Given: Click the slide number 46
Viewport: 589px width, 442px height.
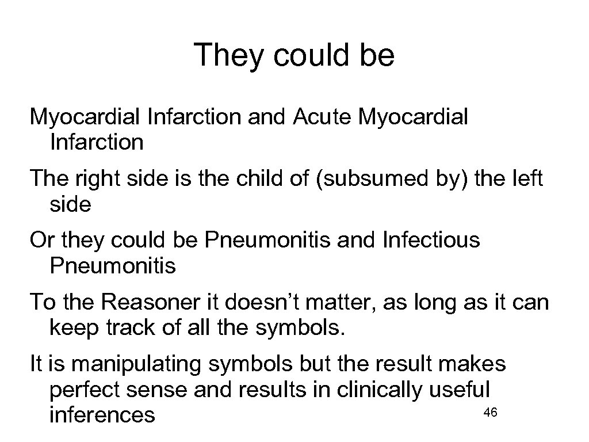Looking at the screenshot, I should click(x=491, y=412).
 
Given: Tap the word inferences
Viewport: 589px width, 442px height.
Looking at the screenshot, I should click(x=102, y=414).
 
